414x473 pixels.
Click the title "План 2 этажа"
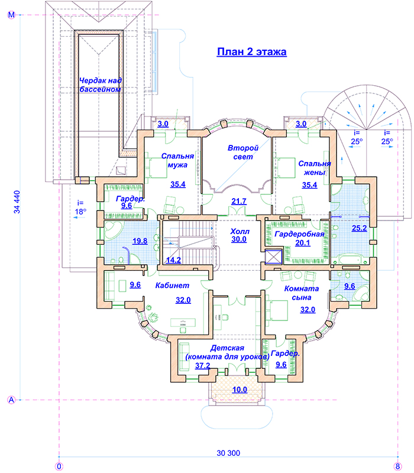tap(252, 52)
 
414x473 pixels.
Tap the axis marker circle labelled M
tap(11, 15)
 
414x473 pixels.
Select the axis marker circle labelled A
tap(11, 400)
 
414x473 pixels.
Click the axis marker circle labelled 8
tap(397, 466)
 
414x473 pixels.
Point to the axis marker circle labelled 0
tap(59, 466)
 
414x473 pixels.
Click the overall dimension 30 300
tap(228, 453)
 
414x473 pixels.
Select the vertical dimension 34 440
tap(17, 202)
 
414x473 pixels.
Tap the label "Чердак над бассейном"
tap(100, 85)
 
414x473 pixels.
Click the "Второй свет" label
tap(243, 153)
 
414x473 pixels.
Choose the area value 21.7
tap(239, 201)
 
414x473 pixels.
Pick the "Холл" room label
tap(240, 231)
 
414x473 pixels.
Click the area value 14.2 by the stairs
tap(173, 260)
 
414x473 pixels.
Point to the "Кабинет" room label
tap(172, 286)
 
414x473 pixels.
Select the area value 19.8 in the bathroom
tap(140, 241)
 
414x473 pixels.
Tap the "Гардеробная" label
tap(299, 234)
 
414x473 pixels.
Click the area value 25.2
tap(360, 228)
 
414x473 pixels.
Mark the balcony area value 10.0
tap(240, 390)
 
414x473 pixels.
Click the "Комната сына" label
tap(302, 293)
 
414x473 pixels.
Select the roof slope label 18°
tap(80, 212)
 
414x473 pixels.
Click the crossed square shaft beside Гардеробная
tap(274, 257)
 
